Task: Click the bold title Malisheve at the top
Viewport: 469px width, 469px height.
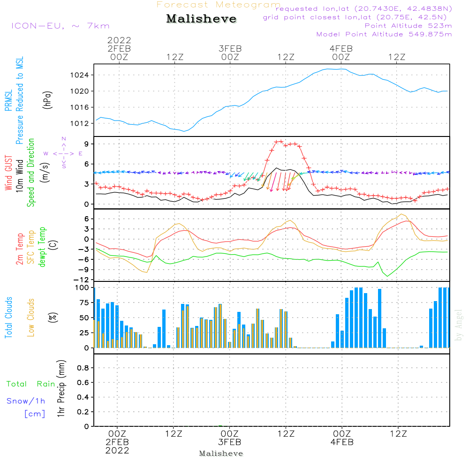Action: click(x=201, y=19)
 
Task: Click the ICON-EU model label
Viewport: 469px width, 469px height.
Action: click(x=60, y=26)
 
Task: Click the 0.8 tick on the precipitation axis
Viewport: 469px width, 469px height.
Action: click(x=84, y=368)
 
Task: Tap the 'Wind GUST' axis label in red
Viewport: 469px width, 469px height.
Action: click(x=8, y=173)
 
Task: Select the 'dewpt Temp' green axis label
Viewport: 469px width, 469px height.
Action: click(x=42, y=247)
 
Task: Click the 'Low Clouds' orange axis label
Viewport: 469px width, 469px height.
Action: click(x=31, y=318)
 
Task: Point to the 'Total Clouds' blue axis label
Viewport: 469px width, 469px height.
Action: click(x=8, y=318)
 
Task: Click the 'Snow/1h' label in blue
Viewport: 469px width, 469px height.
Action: click(x=26, y=401)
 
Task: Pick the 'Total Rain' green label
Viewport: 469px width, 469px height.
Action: click(x=30, y=384)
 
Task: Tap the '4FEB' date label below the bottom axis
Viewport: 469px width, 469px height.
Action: click(x=342, y=442)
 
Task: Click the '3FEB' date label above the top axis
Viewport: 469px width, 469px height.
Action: click(x=230, y=48)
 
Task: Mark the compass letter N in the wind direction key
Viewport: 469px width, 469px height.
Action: click(x=64, y=139)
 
